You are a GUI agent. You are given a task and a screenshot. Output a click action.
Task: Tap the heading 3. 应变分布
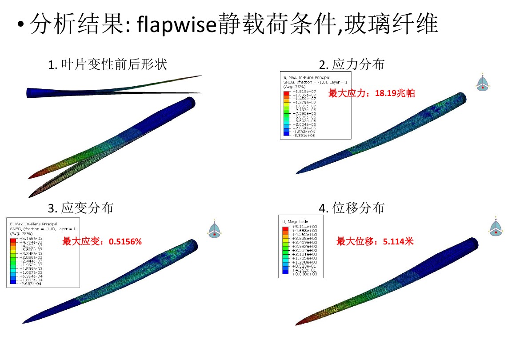80,208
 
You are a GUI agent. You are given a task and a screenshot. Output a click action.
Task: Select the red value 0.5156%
125,242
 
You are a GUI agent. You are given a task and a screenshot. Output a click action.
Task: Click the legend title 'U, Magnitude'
295,222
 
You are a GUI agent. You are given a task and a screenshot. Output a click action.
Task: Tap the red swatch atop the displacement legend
285,228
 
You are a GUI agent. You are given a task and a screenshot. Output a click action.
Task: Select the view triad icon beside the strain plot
215,229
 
